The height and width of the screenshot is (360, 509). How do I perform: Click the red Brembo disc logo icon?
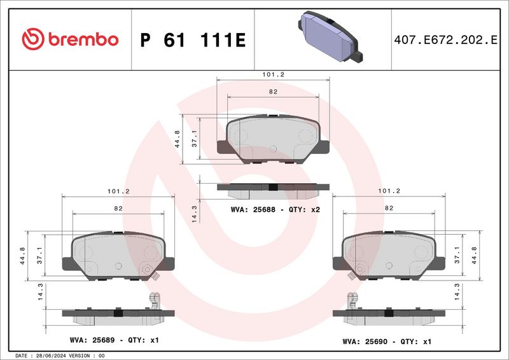tap(33, 39)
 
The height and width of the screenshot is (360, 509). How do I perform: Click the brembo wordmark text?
tap(83, 39)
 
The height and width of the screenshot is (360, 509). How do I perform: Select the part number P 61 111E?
tap(193, 40)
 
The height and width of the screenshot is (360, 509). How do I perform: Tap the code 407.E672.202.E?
tap(445, 39)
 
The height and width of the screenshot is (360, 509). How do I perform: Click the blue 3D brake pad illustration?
tap(330, 36)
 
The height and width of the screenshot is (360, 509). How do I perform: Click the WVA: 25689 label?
tap(92, 340)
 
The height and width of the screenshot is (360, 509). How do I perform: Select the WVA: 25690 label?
tap(365, 342)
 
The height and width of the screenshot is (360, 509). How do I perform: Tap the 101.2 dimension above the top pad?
tap(273, 74)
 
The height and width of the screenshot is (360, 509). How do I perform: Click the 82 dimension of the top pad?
tap(273, 92)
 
